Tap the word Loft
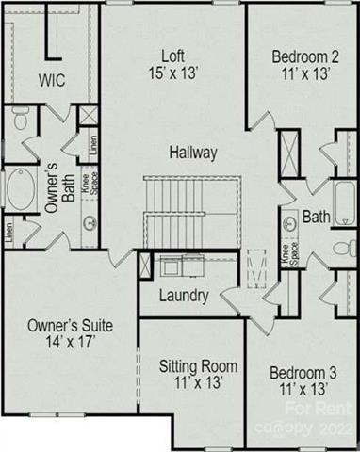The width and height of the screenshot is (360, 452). (x=171, y=54)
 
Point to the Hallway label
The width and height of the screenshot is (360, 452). (x=194, y=152)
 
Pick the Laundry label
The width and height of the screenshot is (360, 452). (x=184, y=295)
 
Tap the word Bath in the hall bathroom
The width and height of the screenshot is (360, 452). (x=316, y=218)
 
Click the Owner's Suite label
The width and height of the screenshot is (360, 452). (x=69, y=325)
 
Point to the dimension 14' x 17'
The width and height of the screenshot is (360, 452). (x=69, y=343)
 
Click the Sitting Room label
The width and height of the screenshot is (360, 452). (x=197, y=366)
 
